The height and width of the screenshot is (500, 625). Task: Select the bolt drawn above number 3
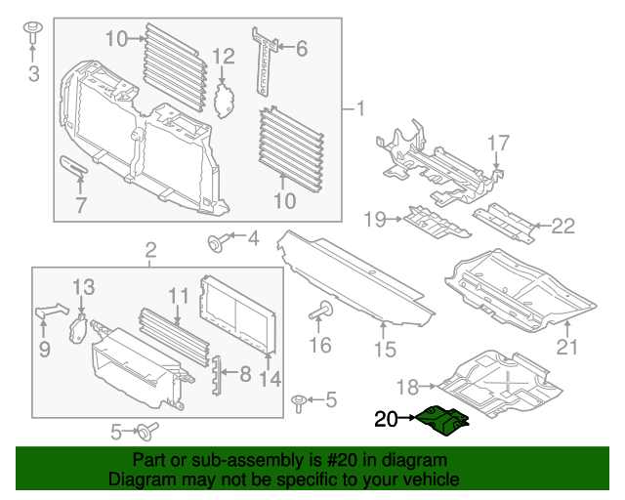[32, 31]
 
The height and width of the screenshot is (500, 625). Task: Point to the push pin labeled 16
[319, 312]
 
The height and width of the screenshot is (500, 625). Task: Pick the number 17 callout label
[498, 144]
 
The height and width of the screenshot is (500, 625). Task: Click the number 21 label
[567, 347]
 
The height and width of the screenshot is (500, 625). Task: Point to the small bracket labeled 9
[50, 312]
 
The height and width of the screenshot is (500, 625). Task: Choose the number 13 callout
[84, 286]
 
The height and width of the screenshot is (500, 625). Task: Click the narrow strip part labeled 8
[219, 376]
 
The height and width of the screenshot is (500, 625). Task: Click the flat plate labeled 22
[503, 222]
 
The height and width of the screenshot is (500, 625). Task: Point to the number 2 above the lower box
[150, 250]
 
